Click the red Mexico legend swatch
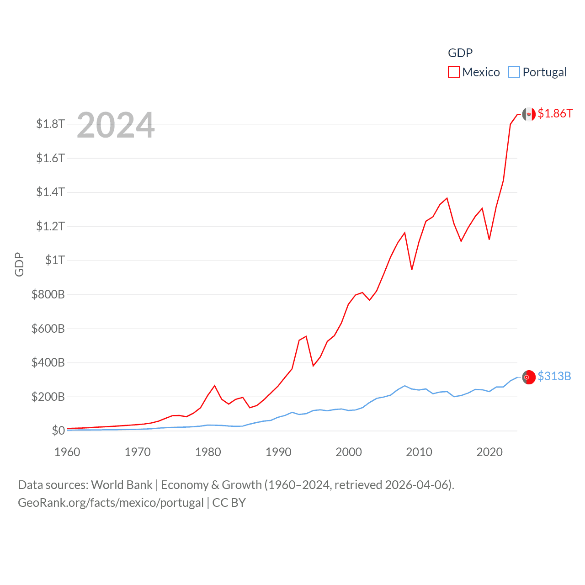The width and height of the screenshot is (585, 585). point(453,72)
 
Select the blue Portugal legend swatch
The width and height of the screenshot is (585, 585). point(514,72)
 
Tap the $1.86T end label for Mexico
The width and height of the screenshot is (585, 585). point(555,113)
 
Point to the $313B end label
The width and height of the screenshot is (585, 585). point(554,376)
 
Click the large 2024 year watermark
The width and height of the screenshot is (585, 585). point(116,125)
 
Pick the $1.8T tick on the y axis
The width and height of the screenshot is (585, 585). point(50,124)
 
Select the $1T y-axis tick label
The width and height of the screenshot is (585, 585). point(55,260)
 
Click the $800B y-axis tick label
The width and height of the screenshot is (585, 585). point(48,294)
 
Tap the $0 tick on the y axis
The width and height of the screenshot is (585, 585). point(58,431)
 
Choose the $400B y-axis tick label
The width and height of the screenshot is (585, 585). point(48,362)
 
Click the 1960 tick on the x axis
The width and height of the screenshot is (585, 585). point(67,452)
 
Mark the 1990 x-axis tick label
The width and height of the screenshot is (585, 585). point(278,452)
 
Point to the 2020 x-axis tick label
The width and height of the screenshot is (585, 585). point(489,452)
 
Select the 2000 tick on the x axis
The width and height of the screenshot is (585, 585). point(349,452)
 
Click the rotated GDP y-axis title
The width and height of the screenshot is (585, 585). point(19,264)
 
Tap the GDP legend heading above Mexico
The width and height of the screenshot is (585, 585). point(460,53)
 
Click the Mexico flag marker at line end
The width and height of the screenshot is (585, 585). point(529,114)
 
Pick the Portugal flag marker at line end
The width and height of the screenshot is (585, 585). point(529,377)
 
